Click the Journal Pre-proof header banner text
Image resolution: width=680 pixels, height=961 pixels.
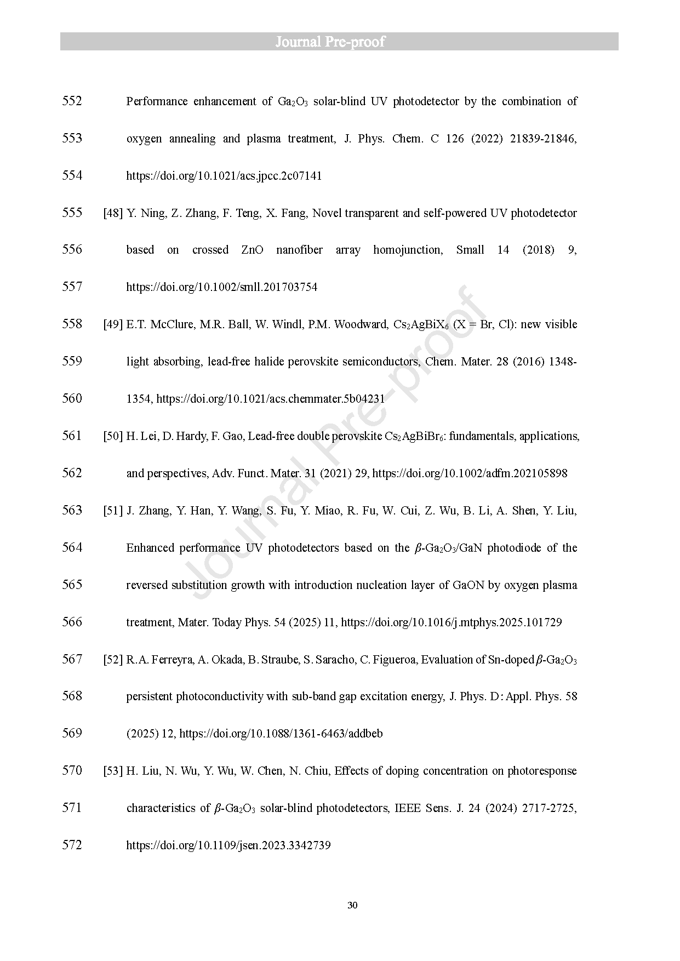330,42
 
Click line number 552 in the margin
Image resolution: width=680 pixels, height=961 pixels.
72,101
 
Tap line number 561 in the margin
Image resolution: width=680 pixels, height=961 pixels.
72,436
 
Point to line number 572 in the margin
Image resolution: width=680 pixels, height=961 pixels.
72,845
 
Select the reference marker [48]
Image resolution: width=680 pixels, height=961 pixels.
113,213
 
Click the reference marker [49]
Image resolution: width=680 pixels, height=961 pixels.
113,324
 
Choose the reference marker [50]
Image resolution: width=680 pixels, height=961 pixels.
113,436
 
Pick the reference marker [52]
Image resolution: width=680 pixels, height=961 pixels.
113,660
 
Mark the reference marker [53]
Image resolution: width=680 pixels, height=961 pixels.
113,771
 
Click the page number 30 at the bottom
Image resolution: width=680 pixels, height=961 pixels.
352,905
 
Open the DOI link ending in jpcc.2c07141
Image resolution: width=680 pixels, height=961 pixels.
224,176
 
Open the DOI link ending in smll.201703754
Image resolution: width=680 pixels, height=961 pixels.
221,287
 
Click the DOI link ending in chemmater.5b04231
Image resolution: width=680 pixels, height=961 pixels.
271,399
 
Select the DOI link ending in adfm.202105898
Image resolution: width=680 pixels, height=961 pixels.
470,473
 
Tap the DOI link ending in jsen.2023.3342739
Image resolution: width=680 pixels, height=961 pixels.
228,845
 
